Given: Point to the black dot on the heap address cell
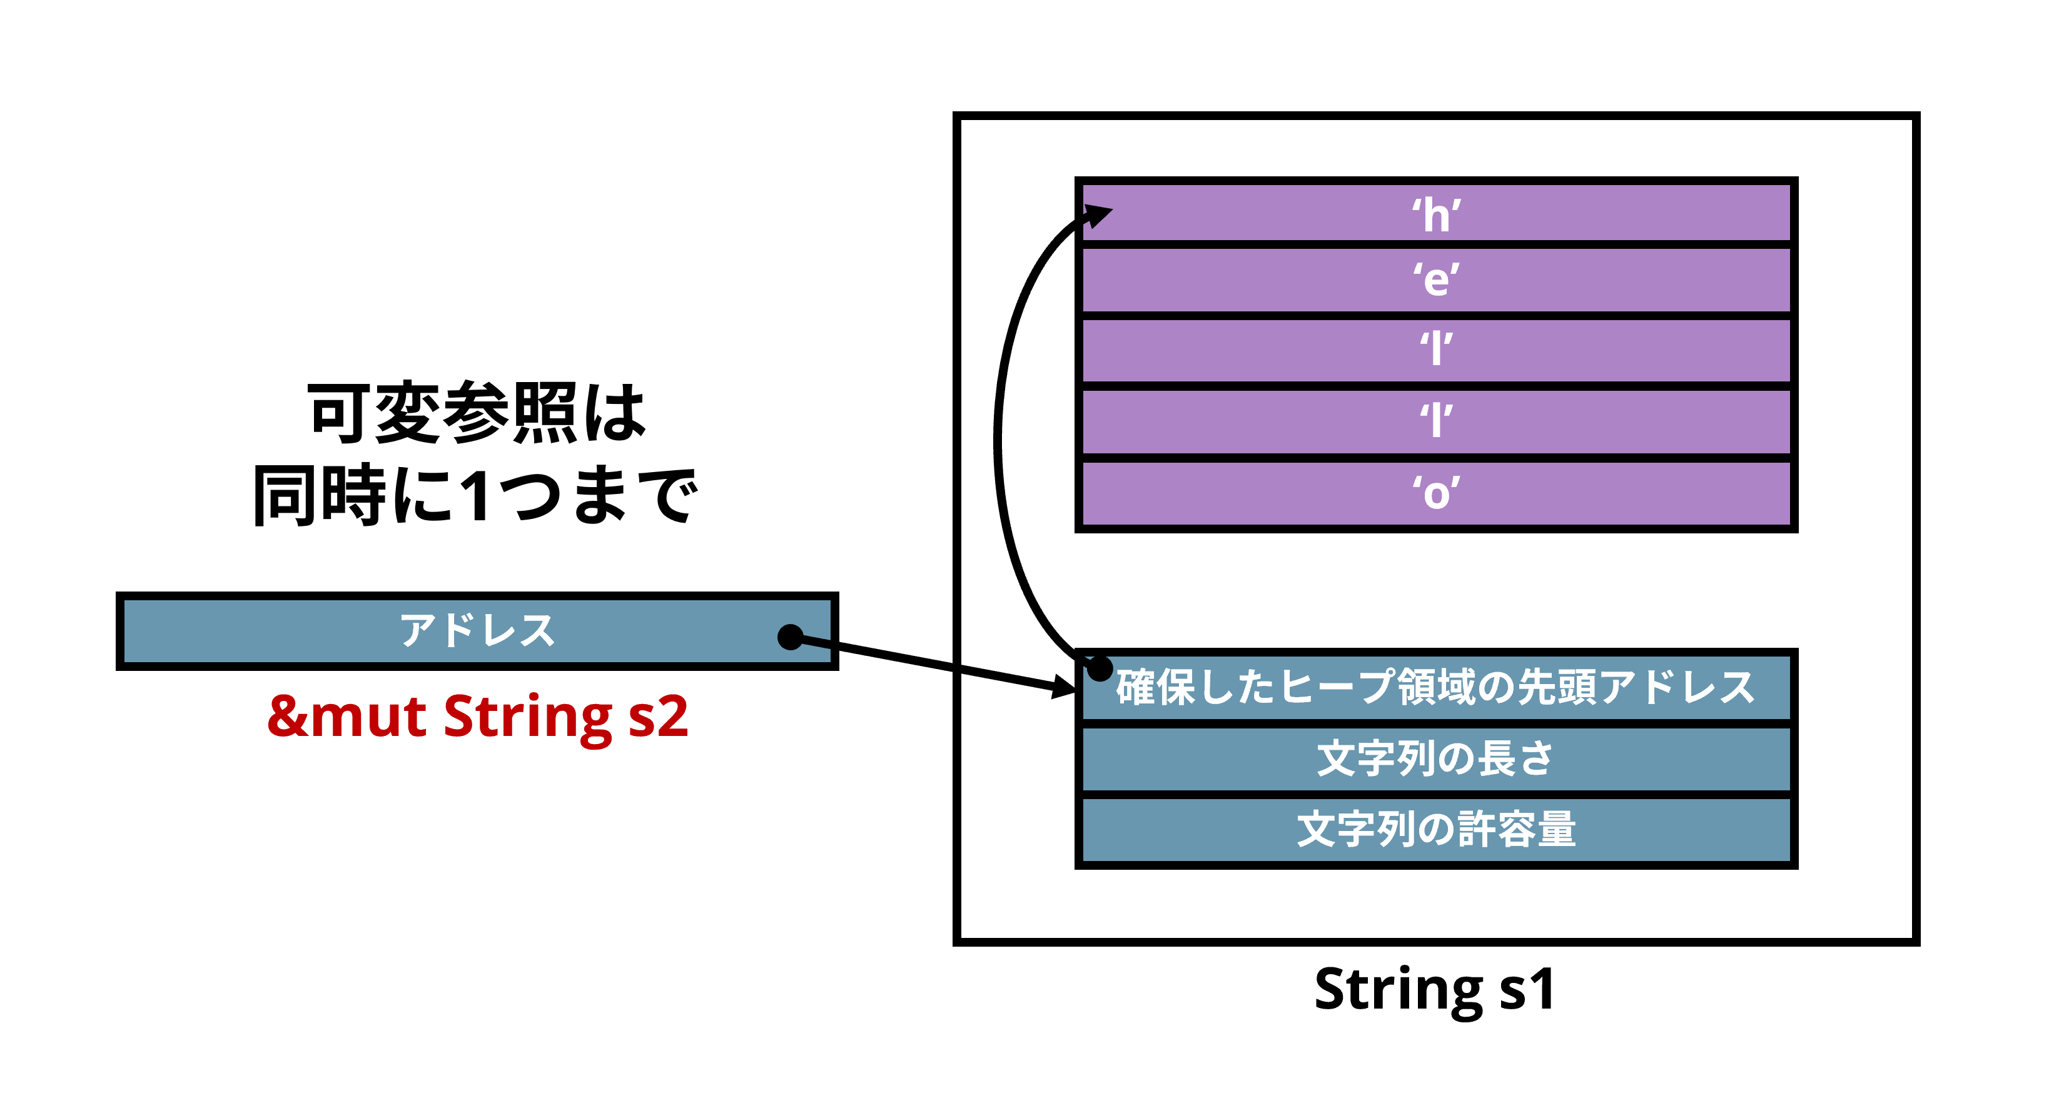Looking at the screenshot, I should coord(1100,667).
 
